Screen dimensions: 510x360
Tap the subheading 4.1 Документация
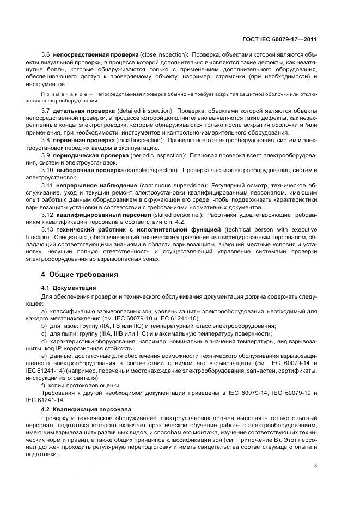pyautogui.click(x=69, y=287)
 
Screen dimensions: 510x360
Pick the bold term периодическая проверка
pyautogui.click(x=89, y=155)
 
